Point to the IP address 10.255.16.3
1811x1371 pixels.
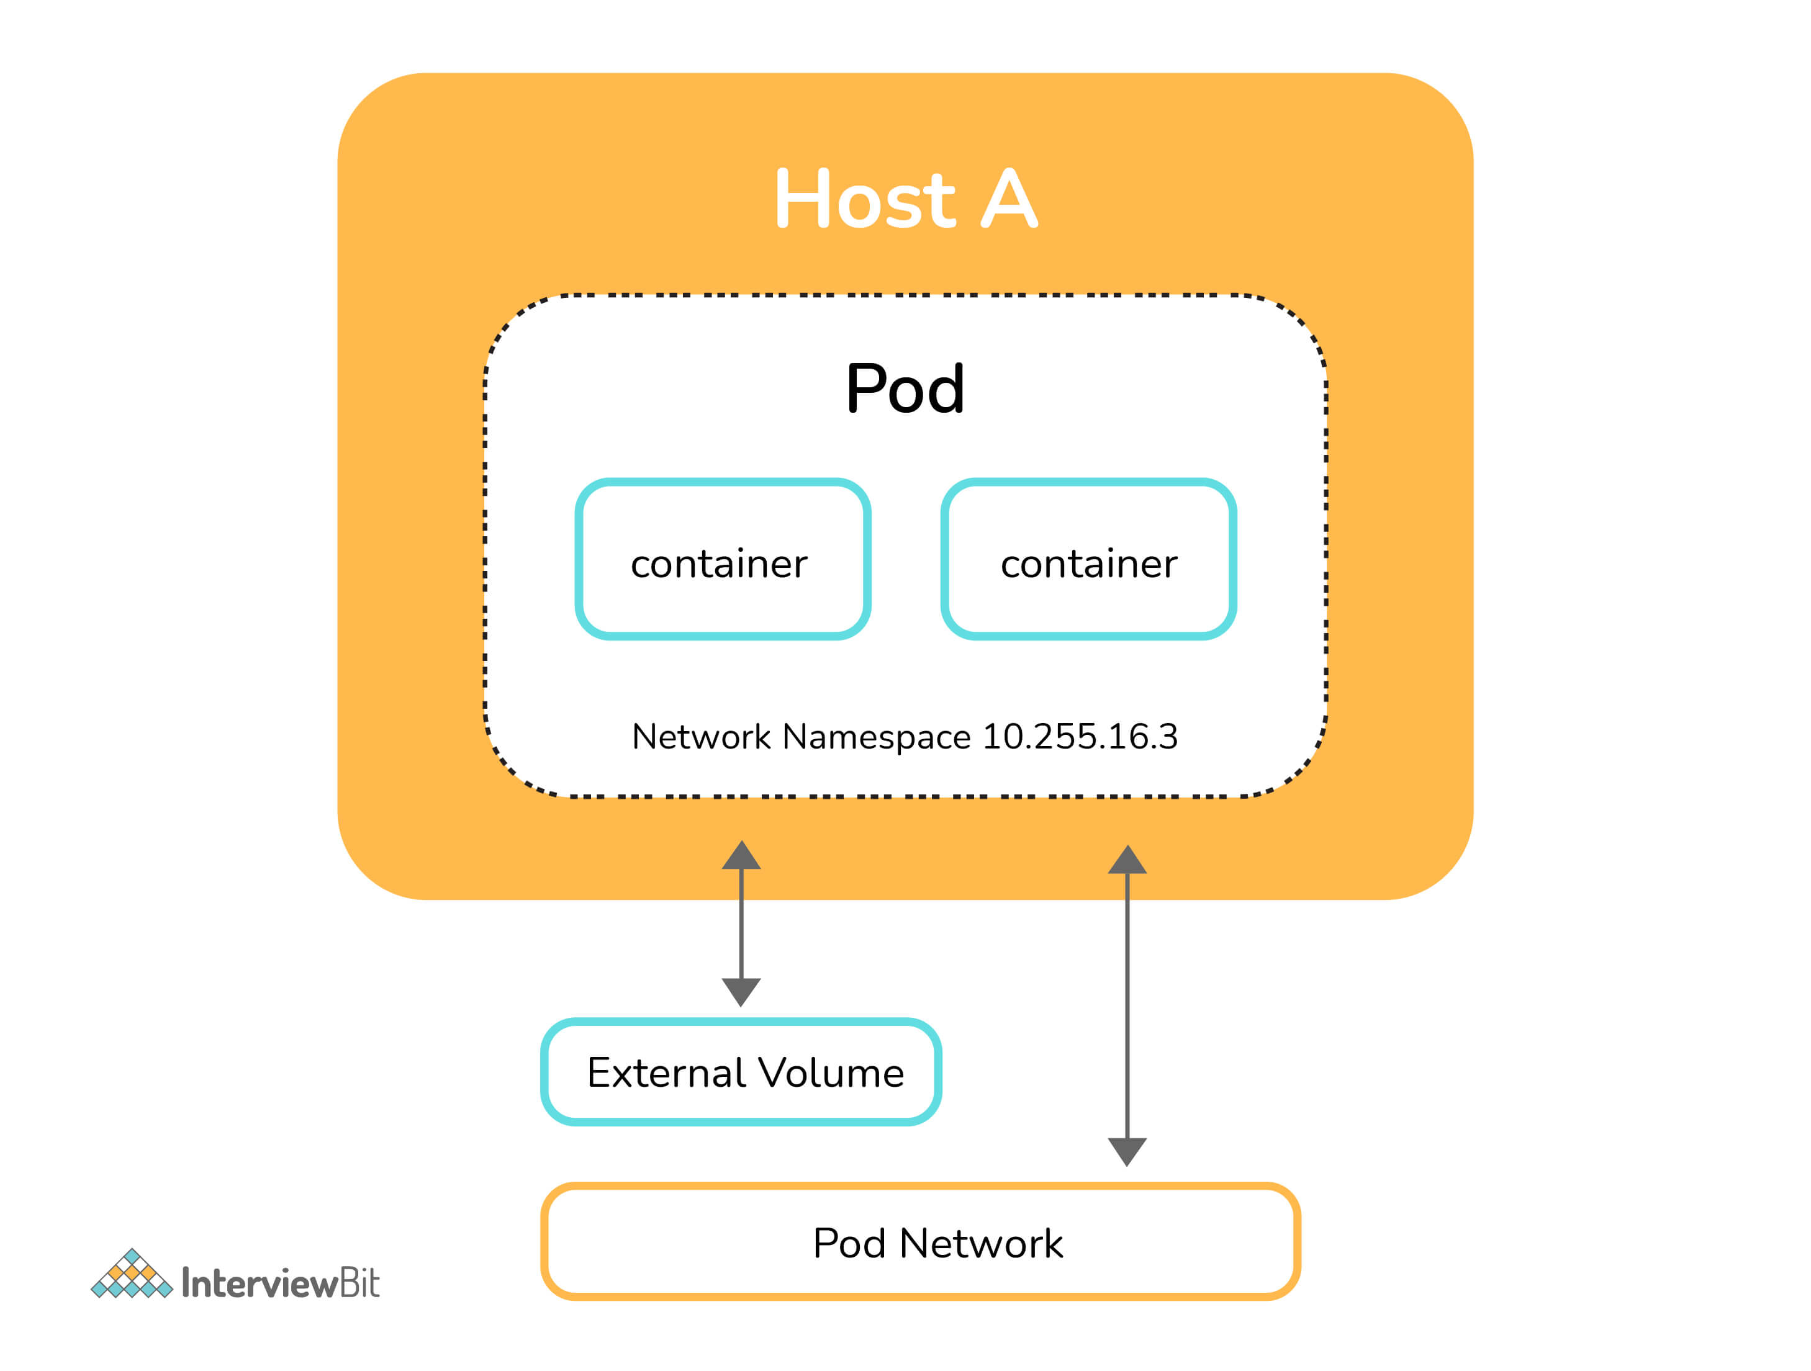point(1079,737)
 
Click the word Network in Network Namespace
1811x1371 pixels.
point(701,737)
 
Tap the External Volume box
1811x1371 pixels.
point(741,1072)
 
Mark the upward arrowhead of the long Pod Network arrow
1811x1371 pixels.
point(1127,861)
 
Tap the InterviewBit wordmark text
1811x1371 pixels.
point(280,1283)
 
